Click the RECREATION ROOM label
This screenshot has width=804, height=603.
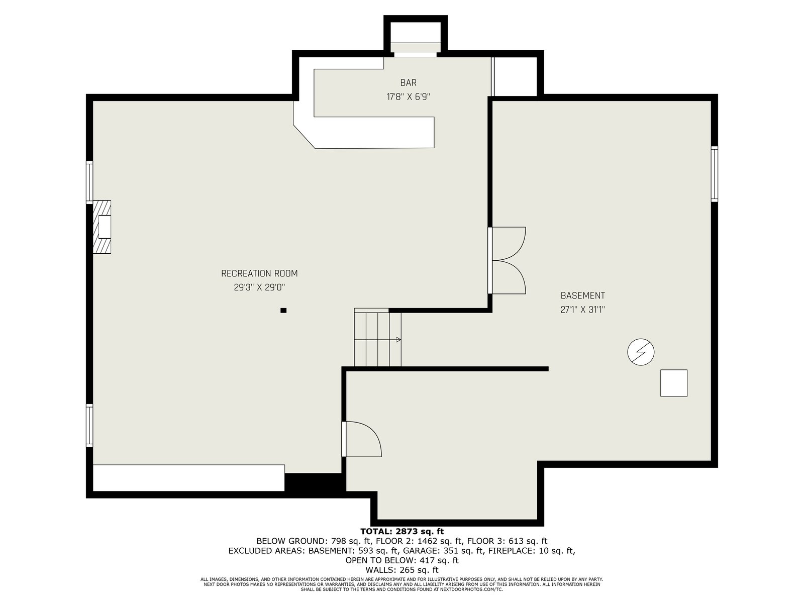point(259,273)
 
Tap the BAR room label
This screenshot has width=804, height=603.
point(408,83)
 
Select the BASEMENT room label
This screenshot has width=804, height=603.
point(582,295)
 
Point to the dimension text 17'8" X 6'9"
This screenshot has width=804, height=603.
point(408,97)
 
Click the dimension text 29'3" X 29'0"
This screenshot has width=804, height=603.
point(259,288)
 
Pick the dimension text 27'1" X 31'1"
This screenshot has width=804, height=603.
point(582,310)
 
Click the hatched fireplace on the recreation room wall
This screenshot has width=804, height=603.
point(102,227)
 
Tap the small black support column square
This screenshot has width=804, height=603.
point(283,311)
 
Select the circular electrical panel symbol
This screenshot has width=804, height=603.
point(641,352)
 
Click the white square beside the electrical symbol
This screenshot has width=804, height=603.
point(674,383)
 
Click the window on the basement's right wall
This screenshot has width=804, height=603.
point(714,174)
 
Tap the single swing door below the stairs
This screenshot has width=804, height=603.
point(362,439)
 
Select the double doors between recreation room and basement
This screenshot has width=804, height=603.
point(507,260)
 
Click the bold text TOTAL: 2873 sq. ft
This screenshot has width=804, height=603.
point(402,531)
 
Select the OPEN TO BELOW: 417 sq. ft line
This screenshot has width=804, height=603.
point(402,560)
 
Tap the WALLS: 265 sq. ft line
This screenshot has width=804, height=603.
point(402,570)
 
